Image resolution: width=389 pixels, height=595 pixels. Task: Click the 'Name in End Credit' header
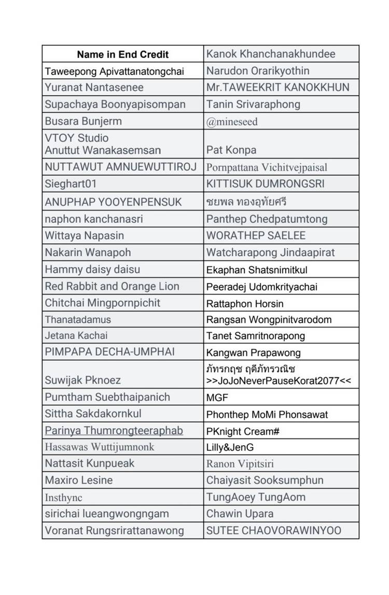(123, 54)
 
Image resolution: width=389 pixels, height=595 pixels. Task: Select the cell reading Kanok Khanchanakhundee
(271, 54)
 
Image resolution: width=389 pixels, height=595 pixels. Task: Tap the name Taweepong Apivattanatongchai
(115, 71)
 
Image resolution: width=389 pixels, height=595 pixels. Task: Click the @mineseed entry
(232, 122)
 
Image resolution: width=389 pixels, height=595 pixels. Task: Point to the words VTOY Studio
(77, 138)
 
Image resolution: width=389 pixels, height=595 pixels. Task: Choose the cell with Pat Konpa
(231, 150)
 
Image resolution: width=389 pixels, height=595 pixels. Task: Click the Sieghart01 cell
(71, 184)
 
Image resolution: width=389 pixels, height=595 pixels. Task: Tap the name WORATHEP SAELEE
(256, 235)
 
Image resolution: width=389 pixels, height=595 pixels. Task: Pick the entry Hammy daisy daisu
(93, 270)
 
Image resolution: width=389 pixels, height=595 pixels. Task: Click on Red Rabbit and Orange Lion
(112, 286)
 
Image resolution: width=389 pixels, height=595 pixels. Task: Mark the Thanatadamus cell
(78, 319)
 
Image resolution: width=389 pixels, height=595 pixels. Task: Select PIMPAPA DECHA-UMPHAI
(110, 352)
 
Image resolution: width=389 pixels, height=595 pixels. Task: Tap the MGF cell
(217, 398)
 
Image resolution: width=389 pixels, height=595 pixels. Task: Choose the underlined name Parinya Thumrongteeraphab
(114, 430)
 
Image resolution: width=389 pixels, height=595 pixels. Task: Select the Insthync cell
(64, 498)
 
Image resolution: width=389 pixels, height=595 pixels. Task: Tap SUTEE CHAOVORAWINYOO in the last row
(274, 531)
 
